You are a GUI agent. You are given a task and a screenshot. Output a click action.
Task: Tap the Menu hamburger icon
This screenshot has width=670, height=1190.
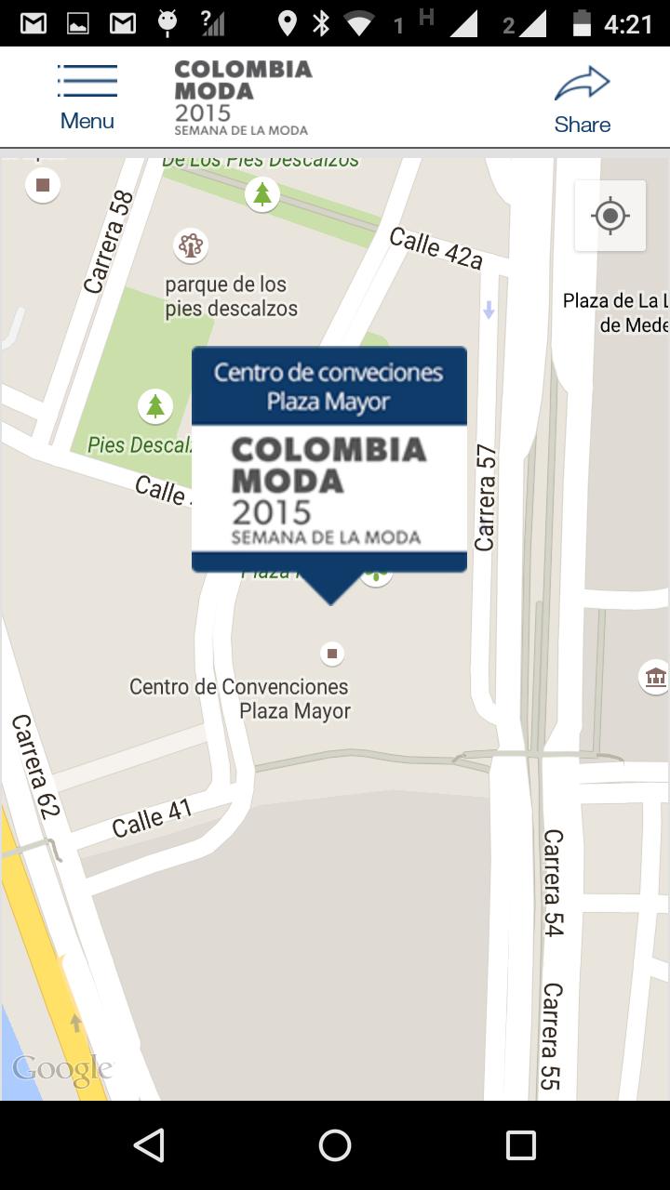coord(87,81)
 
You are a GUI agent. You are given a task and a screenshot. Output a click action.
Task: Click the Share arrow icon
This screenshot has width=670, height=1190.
coord(582,85)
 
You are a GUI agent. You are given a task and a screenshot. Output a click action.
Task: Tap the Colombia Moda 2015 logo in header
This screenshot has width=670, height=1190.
coord(243,98)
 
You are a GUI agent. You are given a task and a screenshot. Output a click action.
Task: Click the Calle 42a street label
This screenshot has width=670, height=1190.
coord(435,248)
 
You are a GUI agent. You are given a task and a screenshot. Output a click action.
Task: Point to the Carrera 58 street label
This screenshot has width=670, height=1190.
coord(109,242)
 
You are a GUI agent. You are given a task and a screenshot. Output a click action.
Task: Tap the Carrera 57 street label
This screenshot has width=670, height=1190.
coord(485,497)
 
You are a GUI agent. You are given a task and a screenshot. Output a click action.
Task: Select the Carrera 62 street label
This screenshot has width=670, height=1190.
coord(35,766)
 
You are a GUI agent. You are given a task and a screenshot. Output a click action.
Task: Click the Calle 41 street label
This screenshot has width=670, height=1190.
coord(152,818)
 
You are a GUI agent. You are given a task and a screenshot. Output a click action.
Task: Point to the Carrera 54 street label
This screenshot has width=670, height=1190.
coord(553,882)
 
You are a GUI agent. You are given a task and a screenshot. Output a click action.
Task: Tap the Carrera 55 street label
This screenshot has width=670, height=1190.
coord(551,1036)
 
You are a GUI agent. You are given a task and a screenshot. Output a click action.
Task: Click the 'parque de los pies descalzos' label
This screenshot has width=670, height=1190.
coord(231,297)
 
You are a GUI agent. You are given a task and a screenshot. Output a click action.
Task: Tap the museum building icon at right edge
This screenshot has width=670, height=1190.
coord(655,677)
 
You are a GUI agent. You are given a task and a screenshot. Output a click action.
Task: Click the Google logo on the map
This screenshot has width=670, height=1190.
coord(62,1069)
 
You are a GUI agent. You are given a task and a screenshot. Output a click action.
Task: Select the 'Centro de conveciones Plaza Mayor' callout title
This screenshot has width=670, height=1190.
coord(328,387)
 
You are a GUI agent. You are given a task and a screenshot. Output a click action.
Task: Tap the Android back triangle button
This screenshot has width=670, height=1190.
coord(149,1145)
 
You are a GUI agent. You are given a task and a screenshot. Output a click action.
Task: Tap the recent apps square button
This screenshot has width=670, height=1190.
coord(520,1145)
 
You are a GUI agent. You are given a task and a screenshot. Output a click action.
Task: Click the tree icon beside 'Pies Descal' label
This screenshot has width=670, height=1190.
coord(155,406)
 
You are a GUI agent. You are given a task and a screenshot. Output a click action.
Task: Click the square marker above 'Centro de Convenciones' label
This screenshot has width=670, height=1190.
coord(332,654)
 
